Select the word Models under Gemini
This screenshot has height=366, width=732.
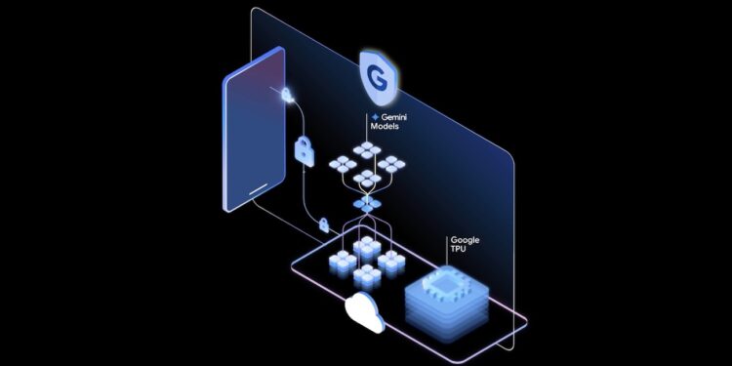(x=385, y=128)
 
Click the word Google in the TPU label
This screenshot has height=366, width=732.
(x=465, y=239)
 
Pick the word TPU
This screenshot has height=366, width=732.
(x=458, y=250)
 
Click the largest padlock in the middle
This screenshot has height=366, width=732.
(x=304, y=151)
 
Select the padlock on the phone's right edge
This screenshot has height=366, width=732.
(x=286, y=95)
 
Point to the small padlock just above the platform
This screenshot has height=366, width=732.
(x=323, y=226)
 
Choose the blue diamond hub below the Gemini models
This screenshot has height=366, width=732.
(x=367, y=204)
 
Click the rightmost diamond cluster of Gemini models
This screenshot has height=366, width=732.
(x=392, y=162)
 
